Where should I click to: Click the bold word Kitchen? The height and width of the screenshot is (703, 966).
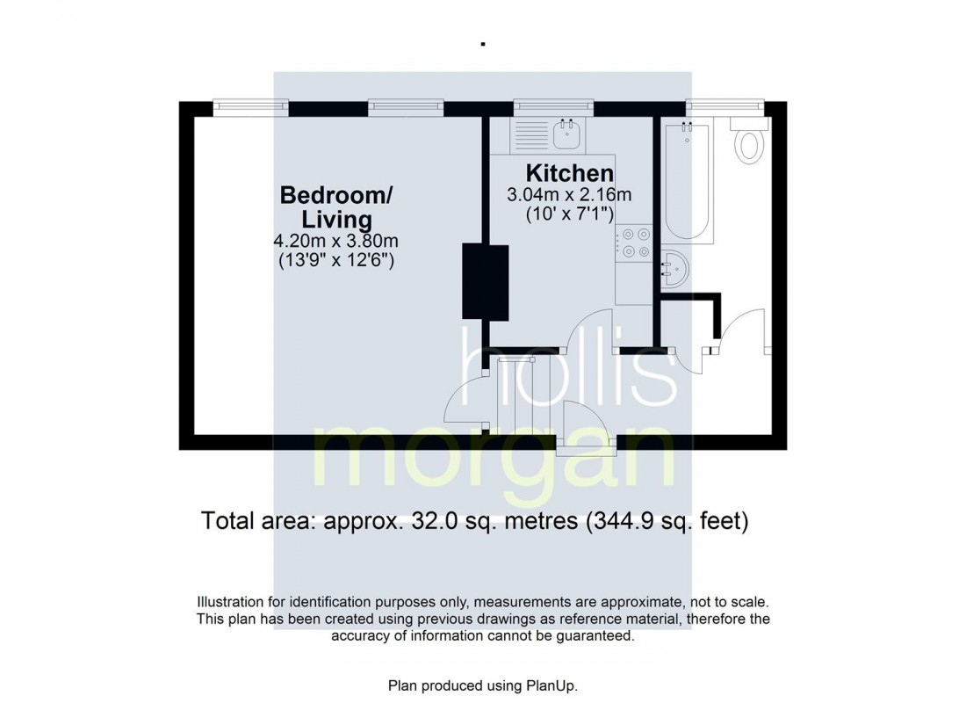point(569,172)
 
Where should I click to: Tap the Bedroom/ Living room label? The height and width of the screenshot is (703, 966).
point(336,206)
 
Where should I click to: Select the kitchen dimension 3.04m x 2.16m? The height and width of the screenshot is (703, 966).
point(569,194)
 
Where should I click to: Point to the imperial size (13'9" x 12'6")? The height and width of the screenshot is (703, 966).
point(336,260)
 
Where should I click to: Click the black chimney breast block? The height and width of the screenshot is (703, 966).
point(486,281)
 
